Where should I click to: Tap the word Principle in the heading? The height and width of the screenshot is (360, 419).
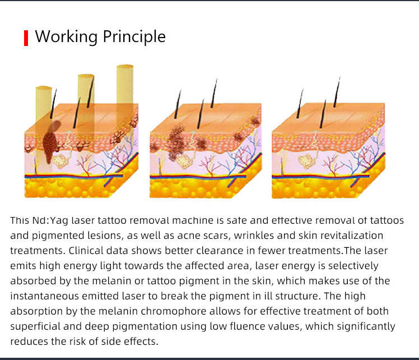click(x=133, y=37)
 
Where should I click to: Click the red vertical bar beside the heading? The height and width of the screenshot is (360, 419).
click(x=26, y=38)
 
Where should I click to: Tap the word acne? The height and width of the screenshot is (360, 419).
click(x=198, y=236)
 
